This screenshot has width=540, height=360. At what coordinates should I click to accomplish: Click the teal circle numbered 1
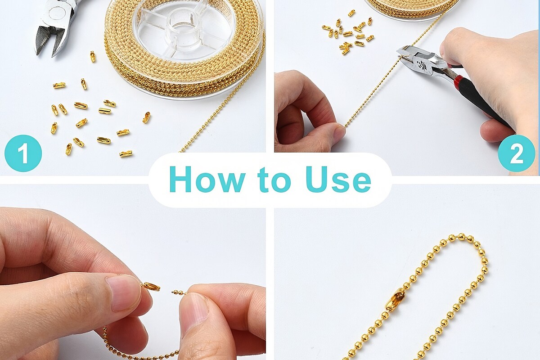(23, 153)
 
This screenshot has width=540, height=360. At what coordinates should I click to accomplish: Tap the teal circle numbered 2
(517, 153)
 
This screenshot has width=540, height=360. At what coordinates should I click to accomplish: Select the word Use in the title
(338, 180)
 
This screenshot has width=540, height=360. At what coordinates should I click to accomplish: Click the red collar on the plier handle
(458, 81)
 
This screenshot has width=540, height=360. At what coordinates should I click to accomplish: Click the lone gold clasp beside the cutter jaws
(93, 56)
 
